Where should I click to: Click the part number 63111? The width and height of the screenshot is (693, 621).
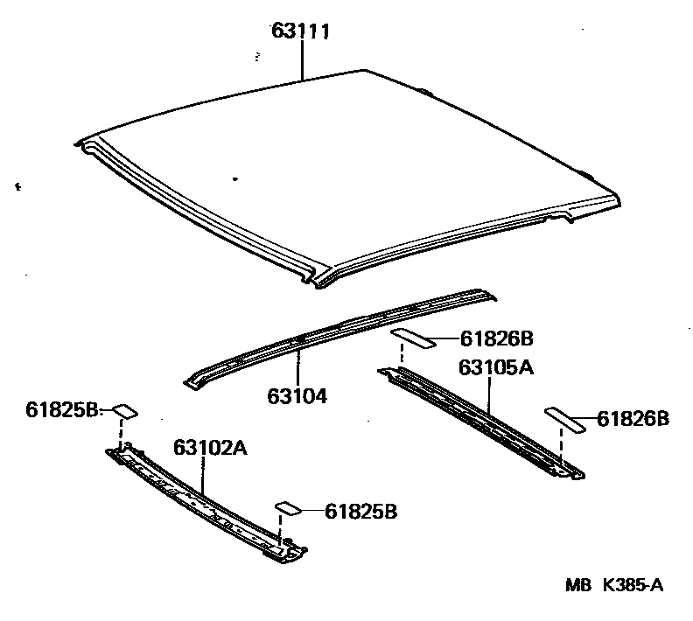tap(300, 33)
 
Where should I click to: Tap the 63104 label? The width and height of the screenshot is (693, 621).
tap(297, 396)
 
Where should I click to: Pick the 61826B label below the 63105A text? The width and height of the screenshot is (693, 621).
tap(633, 420)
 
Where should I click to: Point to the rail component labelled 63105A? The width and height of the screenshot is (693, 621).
tap(481, 420)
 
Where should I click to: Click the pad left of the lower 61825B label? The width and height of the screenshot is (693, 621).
tap(288, 508)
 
